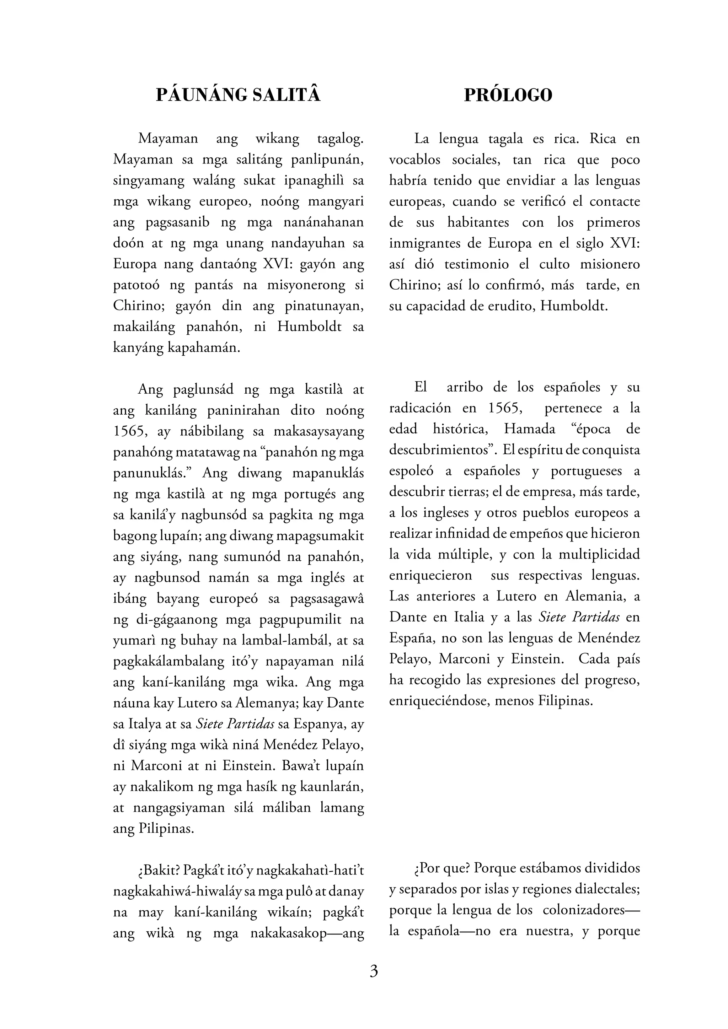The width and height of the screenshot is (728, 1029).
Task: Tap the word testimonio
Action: pos(477,264)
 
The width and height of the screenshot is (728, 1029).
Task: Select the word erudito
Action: pos(512,306)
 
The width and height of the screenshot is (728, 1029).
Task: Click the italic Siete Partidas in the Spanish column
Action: pos(579,617)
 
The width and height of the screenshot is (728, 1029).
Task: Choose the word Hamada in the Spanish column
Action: pos(529,429)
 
